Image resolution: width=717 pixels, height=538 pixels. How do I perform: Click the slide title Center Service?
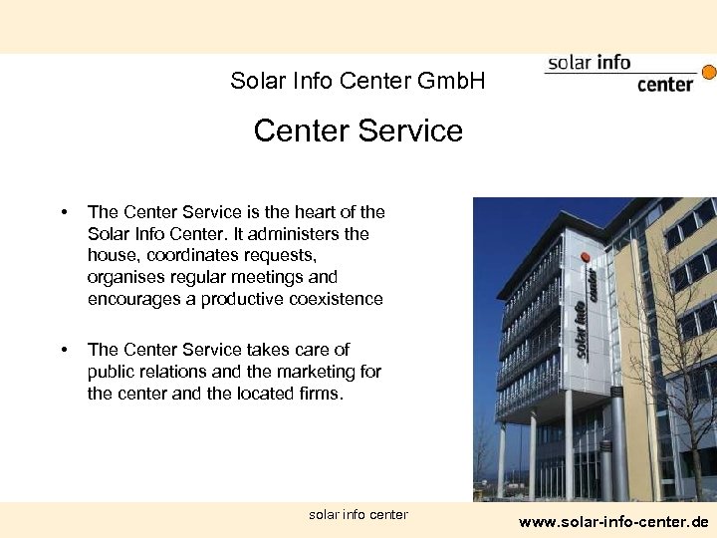coord(358,131)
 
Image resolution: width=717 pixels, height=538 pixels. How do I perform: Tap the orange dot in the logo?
coord(709,72)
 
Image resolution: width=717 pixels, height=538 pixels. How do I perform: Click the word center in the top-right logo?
coord(664,84)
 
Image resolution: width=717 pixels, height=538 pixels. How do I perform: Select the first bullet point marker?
coord(64,212)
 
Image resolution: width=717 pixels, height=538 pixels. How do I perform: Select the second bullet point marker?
coord(64,350)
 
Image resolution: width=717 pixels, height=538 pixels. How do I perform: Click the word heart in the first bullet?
coord(311,211)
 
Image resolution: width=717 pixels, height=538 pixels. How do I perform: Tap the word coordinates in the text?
coord(190,255)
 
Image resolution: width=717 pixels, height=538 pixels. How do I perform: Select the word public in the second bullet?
coord(112,371)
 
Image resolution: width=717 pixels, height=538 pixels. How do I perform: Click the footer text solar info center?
coord(358,514)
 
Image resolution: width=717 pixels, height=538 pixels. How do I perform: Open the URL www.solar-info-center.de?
coord(613,521)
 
